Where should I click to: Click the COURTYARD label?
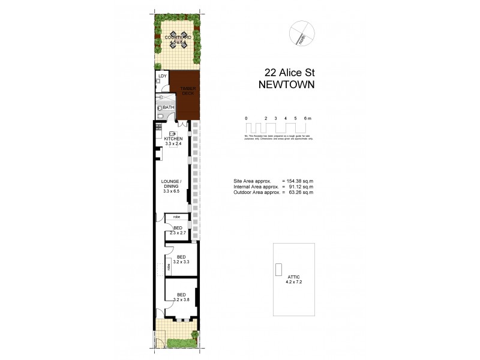[x=178, y=37]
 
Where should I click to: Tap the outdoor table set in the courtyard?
[x=178, y=42]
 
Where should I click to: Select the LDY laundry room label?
[x=162, y=77]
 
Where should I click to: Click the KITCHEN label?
[x=173, y=139]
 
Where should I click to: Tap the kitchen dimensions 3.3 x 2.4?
[x=173, y=145]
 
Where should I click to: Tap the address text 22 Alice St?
[x=285, y=72]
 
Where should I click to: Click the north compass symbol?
[x=299, y=34]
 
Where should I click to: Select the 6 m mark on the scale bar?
[x=307, y=118]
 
